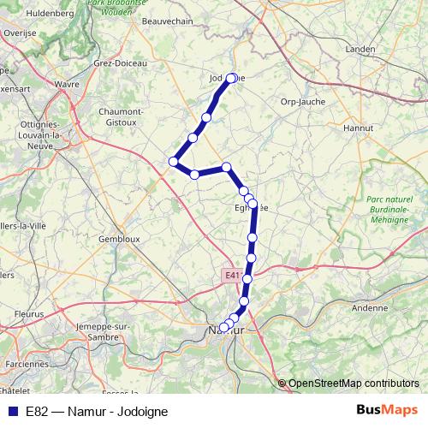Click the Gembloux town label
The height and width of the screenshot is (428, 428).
coord(119,239)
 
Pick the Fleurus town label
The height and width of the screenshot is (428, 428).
coord(29,314)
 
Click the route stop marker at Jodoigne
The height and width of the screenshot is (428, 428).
coord(231,78)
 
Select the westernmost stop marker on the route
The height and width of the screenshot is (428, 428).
coord(174,161)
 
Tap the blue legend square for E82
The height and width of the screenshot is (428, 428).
coord(12,411)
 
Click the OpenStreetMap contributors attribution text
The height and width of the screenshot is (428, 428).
coord(354,383)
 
